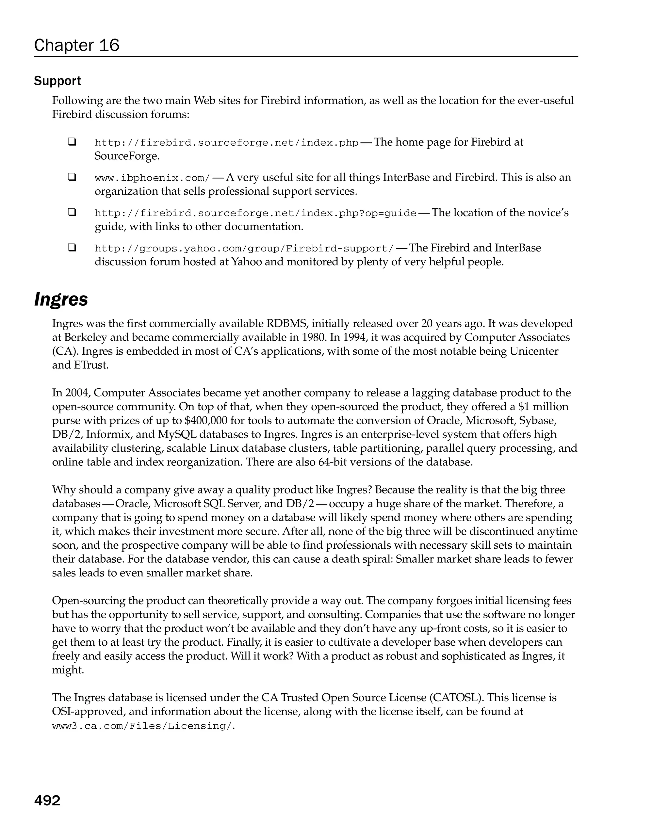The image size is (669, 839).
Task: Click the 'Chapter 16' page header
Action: [x=77, y=45]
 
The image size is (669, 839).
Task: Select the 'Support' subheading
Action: [x=57, y=81]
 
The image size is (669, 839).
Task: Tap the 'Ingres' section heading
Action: [x=61, y=299]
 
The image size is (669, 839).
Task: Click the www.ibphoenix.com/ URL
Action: [x=153, y=178]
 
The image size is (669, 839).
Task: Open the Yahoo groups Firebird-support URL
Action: [x=244, y=249]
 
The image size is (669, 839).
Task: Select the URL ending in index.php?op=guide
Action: [x=255, y=213]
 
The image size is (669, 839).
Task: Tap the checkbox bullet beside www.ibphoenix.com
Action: [x=72, y=177]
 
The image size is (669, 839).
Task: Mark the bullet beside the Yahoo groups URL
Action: [x=72, y=248]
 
